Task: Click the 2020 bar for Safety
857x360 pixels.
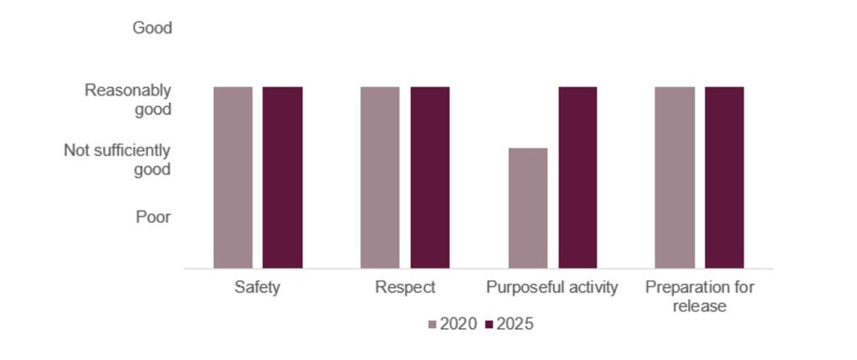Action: click(233, 177)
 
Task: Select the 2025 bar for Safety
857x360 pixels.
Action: click(282, 177)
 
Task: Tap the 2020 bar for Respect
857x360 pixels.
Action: click(380, 177)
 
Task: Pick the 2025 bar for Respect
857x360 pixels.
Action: click(429, 177)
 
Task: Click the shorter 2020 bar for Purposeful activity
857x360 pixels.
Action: click(527, 208)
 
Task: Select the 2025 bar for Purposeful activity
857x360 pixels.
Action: click(577, 177)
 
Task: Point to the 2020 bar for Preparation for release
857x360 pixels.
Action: click(675, 177)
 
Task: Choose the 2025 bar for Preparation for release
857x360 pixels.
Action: click(724, 177)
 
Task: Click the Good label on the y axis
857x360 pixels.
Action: click(151, 28)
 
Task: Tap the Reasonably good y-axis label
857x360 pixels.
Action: click(128, 100)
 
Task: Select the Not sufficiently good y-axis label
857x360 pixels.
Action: click(117, 160)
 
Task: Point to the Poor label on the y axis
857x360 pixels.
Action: click(153, 217)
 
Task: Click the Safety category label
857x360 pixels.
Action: click(257, 288)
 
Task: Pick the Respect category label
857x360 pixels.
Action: click(405, 288)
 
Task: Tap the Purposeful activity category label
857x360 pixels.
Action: click(552, 288)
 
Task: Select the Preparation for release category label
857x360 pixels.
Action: click(700, 296)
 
